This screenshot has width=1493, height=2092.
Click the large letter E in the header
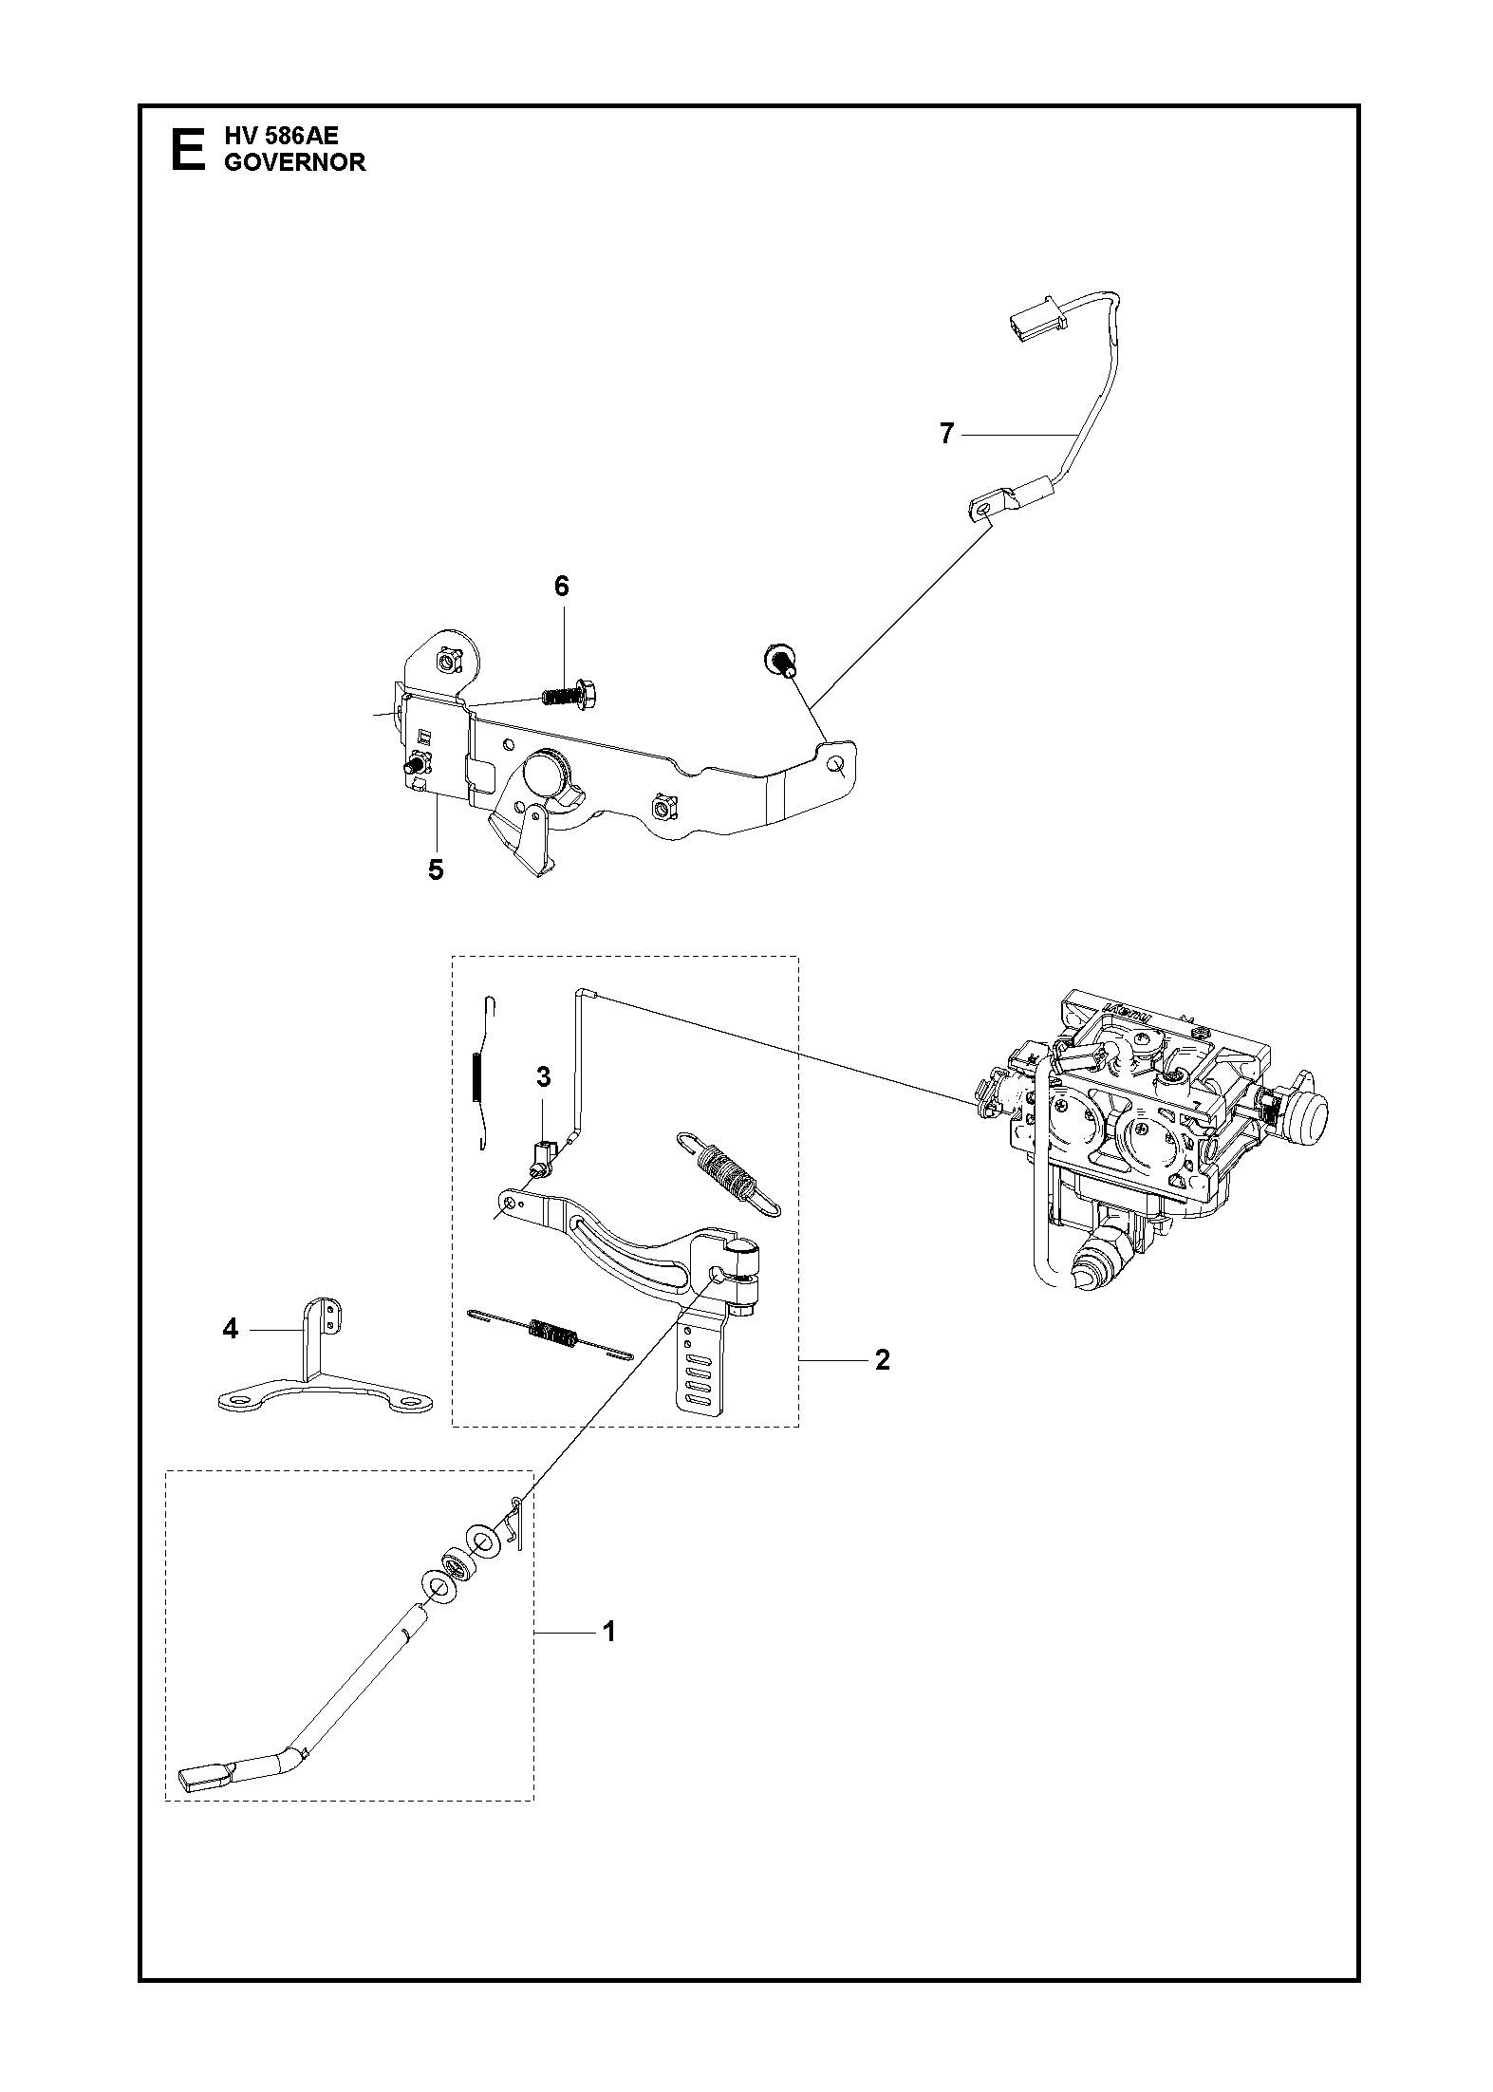click(x=186, y=150)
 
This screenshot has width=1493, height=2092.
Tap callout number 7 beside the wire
click(x=945, y=434)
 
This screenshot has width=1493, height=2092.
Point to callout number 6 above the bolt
click(x=561, y=586)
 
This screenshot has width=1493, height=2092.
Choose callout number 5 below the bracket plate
click(x=436, y=869)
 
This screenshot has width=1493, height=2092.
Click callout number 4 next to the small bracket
click(x=230, y=1329)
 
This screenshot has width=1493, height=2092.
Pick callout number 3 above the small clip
click(x=543, y=1076)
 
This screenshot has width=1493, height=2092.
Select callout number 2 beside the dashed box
click(x=882, y=1360)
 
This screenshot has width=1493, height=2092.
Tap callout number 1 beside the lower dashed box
click(x=608, y=1632)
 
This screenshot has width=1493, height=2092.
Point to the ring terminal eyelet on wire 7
click(x=985, y=509)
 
